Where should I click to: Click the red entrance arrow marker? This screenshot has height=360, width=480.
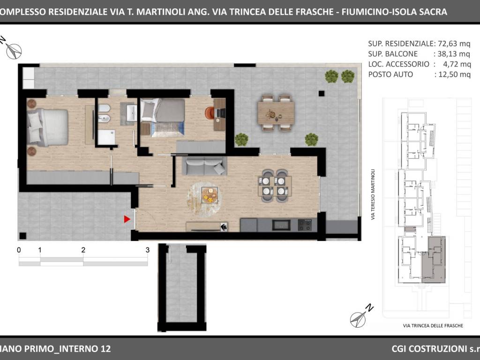click(x=127, y=219)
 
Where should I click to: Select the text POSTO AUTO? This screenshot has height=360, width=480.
click(x=390, y=75)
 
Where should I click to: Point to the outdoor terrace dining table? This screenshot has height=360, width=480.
click(x=276, y=113)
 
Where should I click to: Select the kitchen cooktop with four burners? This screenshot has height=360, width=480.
click(x=305, y=225)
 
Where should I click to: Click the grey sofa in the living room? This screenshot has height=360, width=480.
click(x=204, y=166)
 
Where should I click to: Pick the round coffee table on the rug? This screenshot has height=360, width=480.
click(x=210, y=195)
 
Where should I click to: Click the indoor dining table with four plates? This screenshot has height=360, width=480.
click(x=275, y=186)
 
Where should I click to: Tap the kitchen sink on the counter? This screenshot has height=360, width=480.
click(x=281, y=225)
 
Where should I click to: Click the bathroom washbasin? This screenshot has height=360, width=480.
click(x=132, y=113)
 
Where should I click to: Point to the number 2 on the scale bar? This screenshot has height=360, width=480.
click(x=83, y=250)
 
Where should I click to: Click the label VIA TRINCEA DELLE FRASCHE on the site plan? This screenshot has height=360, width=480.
click(x=433, y=326)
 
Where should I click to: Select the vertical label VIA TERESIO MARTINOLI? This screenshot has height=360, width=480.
click(x=373, y=195)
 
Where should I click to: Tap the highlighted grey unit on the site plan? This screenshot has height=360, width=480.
click(x=434, y=259)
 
